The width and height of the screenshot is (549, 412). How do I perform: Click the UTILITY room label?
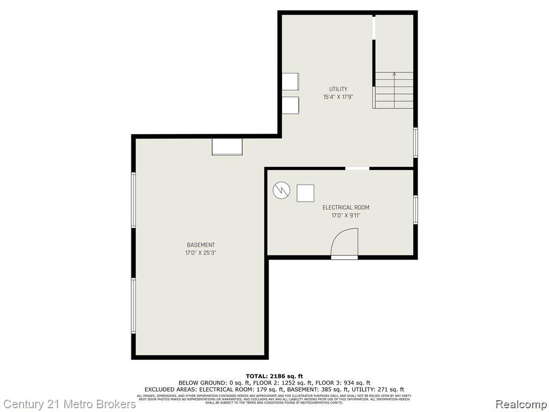[x=338, y=89]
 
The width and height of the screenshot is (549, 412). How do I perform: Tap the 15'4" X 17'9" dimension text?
[x=338, y=97]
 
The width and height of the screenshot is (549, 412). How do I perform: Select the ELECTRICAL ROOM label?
[x=346, y=208]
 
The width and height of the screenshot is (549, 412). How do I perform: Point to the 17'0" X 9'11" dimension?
[x=346, y=216]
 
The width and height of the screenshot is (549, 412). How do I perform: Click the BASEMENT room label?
[x=201, y=245]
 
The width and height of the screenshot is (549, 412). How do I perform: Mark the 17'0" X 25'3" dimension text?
[x=201, y=253]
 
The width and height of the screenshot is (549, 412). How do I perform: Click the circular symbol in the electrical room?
[x=281, y=190]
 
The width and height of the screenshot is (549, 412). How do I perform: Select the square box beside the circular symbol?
[x=306, y=193]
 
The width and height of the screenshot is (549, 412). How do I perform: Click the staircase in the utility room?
[x=394, y=90]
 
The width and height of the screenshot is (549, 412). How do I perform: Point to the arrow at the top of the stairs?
[x=395, y=74]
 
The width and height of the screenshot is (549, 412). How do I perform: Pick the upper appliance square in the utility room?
[x=290, y=82]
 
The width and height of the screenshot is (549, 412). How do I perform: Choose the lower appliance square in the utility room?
[x=290, y=105]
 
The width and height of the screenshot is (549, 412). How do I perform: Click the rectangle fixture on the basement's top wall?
[x=227, y=147]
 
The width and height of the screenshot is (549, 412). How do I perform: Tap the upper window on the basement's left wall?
[x=133, y=200]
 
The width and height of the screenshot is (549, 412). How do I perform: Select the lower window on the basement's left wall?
[x=133, y=306]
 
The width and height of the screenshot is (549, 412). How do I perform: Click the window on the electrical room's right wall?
[x=416, y=209]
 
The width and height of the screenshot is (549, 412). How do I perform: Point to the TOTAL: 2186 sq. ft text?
[x=274, y=376]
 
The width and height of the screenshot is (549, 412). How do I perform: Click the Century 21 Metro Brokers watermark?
[x=69, y=404]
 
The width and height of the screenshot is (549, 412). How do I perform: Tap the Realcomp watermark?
[x=520, y=404]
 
